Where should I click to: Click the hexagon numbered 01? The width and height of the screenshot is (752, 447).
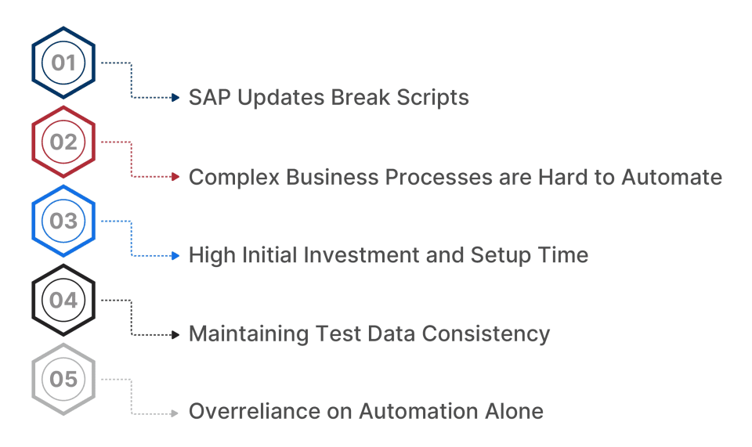pos(63,63)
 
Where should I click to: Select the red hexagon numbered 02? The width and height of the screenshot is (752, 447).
pos(63,142)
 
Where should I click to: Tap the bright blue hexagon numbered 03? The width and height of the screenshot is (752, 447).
pos(63,221)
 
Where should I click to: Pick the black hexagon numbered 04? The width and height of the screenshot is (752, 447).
pos(63,300)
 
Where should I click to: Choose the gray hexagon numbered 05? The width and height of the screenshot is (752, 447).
pos(63,379)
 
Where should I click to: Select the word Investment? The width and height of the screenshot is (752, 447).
pos(353,255)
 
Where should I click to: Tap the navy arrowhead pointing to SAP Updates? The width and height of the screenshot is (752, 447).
pos(175,98)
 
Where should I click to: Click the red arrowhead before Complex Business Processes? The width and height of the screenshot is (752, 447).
pos(175,177)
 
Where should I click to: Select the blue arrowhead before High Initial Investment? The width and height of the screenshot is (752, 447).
pos(175,255)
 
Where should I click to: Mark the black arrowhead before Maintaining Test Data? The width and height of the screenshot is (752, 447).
pos(175,334)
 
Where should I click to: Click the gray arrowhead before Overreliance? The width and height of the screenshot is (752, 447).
pos(175,413)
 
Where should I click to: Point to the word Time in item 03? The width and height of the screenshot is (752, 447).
pos(565,255)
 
